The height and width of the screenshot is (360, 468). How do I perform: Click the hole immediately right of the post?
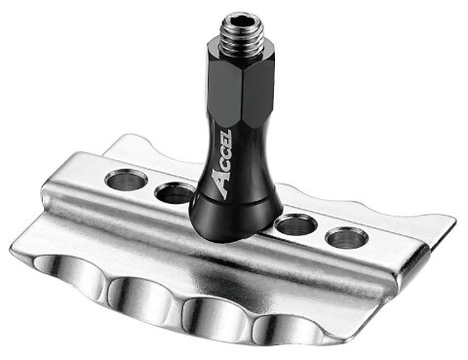point(292,226)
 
